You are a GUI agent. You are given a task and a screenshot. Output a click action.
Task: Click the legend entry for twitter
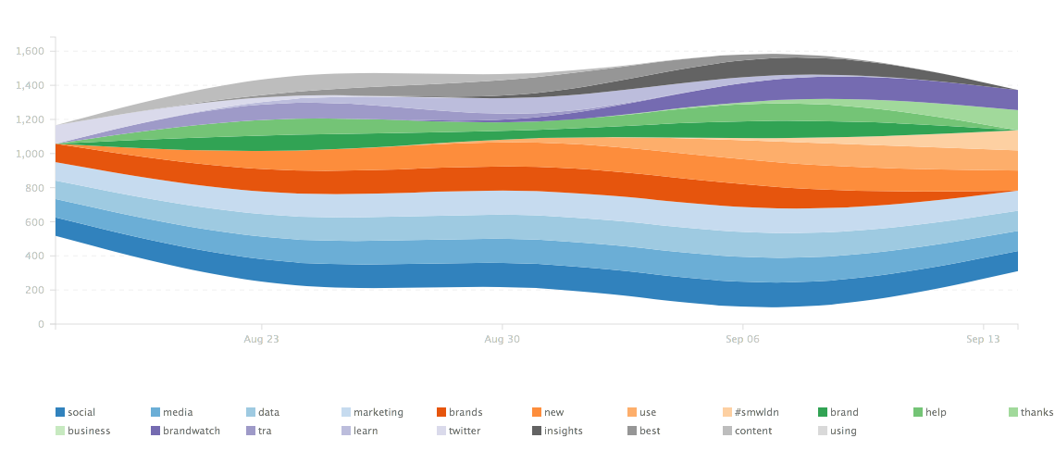tap(459, 431)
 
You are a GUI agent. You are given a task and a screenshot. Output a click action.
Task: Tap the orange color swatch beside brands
tap(441, 412)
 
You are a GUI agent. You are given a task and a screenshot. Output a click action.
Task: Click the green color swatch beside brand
tap(823, 412)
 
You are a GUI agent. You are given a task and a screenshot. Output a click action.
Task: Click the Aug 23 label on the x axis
tap(261, 340)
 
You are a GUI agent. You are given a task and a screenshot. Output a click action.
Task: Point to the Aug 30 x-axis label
tap(502, 340)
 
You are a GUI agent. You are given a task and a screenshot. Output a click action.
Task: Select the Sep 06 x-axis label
tap(742, 340)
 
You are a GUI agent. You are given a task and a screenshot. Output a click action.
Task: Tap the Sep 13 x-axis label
tap(983, 340)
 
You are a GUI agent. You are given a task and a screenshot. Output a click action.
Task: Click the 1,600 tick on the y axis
tap(31, 51)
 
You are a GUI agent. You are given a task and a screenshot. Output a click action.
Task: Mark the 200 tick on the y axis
tap(36, 290)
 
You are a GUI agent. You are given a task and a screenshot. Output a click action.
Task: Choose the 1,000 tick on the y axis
tap(31, 154)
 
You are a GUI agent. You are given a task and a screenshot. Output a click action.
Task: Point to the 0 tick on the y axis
tap(42, 324)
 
